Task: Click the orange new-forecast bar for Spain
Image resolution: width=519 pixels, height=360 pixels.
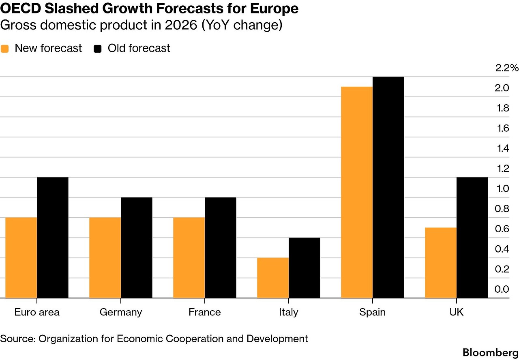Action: (x=357, y=193)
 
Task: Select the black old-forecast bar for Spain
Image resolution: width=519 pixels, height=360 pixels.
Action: (x=388, y=187)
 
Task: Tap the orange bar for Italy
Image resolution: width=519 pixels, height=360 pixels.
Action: (x=273, y=278)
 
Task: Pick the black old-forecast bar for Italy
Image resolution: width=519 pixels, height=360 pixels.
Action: (x=305, y=268)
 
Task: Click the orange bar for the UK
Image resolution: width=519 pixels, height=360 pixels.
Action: (x=441, y=263)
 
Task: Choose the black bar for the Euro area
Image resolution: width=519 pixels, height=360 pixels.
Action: (x=53, y=238)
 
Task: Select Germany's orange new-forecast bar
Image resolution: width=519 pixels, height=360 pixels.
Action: (x=105, y=258)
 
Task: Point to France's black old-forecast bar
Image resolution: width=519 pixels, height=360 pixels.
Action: (x=221, y=248)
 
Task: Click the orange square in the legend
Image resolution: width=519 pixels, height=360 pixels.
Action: (x=5, y=49)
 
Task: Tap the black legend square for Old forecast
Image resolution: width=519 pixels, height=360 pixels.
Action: (x=98, y=49)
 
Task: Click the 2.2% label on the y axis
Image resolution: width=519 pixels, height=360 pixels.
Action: (x=507, y=68)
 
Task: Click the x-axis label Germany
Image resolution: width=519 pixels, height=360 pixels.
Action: (x=121, y=312)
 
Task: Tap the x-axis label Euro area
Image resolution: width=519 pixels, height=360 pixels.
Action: (x=37, y=312)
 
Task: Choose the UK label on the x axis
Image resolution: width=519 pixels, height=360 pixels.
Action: (x=457, y=312)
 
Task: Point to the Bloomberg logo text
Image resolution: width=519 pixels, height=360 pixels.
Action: (x=490, y=352)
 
